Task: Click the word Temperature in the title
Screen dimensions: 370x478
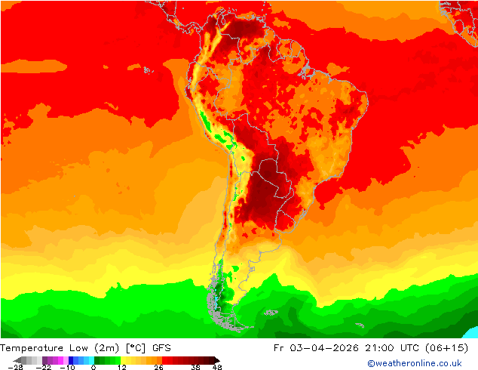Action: (32, 348)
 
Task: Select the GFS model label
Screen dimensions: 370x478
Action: (161, 348)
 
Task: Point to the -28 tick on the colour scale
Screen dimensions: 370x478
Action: (15, 367)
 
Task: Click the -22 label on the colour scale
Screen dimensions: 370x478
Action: (43, 367)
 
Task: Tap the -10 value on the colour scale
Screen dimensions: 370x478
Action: (67, 367)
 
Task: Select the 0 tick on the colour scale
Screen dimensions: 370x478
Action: (93, 367)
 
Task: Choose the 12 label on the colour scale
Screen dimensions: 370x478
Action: (121, 367)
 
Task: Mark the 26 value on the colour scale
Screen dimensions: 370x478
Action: (158, 367)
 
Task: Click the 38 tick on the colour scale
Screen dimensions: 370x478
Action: (195, 367)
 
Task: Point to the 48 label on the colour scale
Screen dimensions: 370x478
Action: (217, 367)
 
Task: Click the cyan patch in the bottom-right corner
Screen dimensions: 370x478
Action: (471, 332)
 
